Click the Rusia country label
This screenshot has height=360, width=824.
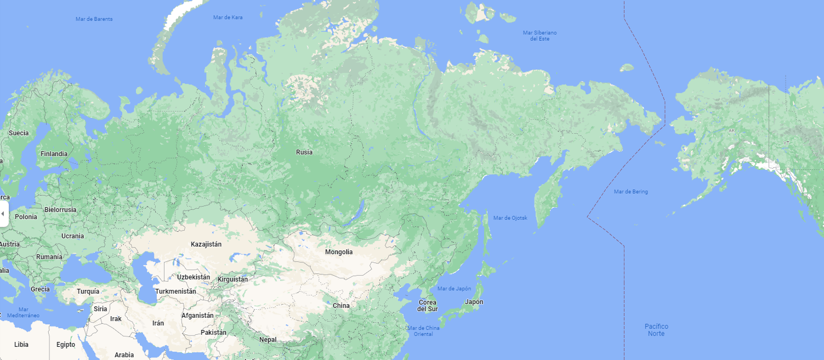[304, 152]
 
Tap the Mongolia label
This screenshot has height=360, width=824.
[339, 252]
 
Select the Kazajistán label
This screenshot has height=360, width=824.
[206, 244]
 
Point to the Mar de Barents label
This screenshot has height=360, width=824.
[94, 19]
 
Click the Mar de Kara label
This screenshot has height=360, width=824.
[228, 18]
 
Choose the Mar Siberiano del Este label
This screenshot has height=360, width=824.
[539, 36]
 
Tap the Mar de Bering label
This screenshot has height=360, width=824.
[630, 192]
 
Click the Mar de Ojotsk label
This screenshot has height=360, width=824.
[510, 218]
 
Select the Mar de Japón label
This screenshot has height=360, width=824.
[454, 289]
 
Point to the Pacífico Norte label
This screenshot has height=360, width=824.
[656, 330]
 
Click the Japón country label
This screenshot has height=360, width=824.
[474, 302]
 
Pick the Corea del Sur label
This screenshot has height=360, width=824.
[428, 306]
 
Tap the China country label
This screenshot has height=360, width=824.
[341, 306]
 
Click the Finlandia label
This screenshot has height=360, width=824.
[54, 154]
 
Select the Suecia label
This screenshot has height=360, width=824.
[19, 133]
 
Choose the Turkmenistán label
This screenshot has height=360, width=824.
[175, 292]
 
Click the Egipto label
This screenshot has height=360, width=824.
[66, 345]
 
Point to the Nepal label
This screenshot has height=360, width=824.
[268, 340]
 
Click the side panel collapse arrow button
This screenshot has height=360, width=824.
[3, 213]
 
